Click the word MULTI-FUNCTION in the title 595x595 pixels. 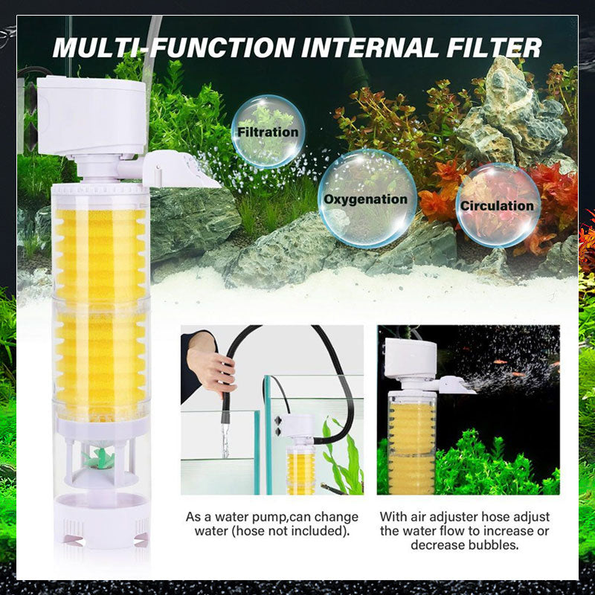pos(173,48)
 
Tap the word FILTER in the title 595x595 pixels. pos(494,48)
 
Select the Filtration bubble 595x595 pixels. pos(268,132)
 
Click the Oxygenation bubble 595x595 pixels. pos(367,199)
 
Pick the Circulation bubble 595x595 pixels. pos(498,205)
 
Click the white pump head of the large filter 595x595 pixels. pos(91,116)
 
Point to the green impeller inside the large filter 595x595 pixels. pos(98,457)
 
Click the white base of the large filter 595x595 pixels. pos(101,524)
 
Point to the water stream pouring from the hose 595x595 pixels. pos(226,440)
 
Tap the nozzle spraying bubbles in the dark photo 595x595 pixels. pos(457,385)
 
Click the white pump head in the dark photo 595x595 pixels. pos(411,358)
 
